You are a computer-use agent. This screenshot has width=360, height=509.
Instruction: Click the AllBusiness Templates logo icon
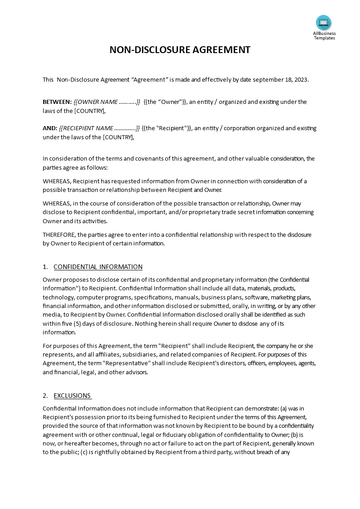(x=324, y=23)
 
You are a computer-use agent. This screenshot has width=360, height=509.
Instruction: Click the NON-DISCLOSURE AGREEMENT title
(x=180, y=50)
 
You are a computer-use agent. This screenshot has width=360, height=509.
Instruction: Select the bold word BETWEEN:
(x=57, y=102)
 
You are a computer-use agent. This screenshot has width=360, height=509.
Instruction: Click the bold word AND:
(x=50, y=128)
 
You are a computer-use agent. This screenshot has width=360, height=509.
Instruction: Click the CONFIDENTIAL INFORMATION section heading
(x=98, y=267)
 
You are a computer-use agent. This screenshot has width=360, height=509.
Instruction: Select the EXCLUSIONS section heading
(x=73, y=396)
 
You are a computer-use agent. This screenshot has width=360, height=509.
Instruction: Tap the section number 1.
(x=45, y=267)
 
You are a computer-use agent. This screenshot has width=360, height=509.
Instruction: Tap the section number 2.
(x=45, y=396)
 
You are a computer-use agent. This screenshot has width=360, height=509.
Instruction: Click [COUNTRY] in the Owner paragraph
(x=90, y=111)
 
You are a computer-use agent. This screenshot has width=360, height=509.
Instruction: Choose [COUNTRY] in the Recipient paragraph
(x=118, y=137)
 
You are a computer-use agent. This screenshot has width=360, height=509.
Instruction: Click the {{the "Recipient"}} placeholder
(x=167, y=128)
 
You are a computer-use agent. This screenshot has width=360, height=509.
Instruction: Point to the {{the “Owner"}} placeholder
(x=165, y=102)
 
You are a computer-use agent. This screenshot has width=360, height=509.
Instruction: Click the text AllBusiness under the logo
(x=324, y=33)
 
